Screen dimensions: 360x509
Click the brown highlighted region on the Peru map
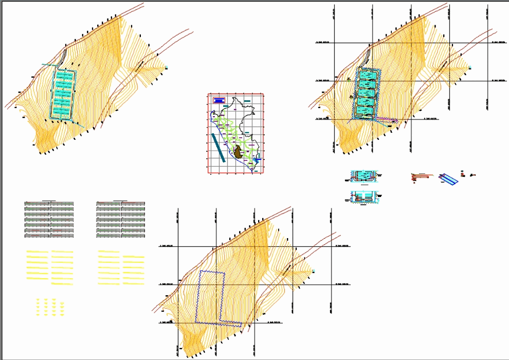click(238, 152)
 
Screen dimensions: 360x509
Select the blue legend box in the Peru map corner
click(219, 100)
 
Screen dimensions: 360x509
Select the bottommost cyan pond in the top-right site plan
click(365, 112)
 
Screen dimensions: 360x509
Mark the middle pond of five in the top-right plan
click(365, 94)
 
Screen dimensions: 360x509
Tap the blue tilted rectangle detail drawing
click(448, 178)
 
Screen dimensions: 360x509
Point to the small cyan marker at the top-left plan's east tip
click(167, 67)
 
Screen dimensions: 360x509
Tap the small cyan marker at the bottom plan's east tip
click(314, 271)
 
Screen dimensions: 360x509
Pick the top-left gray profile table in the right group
click(108, 204)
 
